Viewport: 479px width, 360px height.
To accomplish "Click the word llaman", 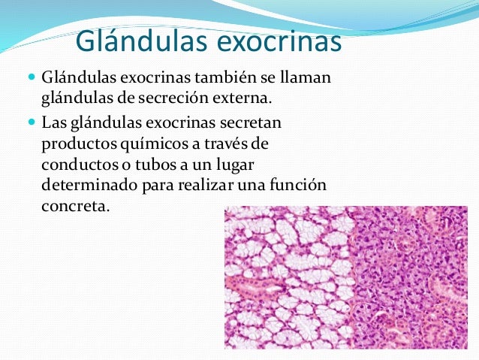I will [x=308, y=78].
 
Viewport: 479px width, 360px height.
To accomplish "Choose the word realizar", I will [x=211, y=185].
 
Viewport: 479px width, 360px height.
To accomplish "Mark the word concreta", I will [x=71, y=206].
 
